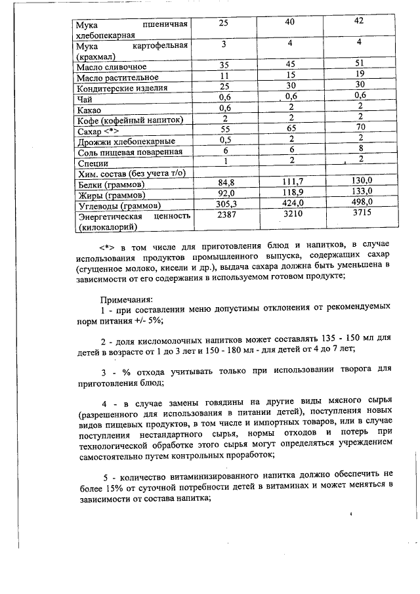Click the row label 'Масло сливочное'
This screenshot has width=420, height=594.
(111, 67)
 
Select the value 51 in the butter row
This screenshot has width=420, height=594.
(358, 64)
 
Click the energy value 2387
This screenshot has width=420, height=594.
(225, 214)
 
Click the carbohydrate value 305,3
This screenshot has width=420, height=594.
(225, 203)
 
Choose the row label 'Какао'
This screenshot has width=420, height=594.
(89, 110)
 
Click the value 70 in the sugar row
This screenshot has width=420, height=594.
(359, 128)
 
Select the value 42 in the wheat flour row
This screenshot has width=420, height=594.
(358, 22)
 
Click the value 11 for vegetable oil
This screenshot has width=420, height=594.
(224, 77)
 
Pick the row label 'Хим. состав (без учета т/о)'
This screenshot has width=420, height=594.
(132, 173)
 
